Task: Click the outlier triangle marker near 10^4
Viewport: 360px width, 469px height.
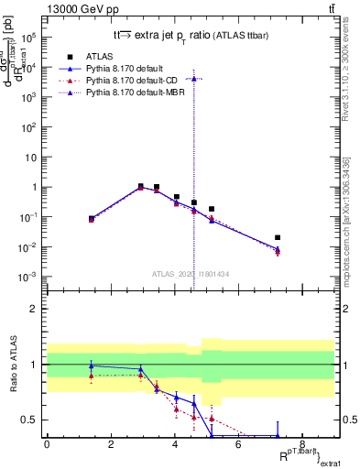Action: [193, 79]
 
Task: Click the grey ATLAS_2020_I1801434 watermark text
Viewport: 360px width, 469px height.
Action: [191, 274]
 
